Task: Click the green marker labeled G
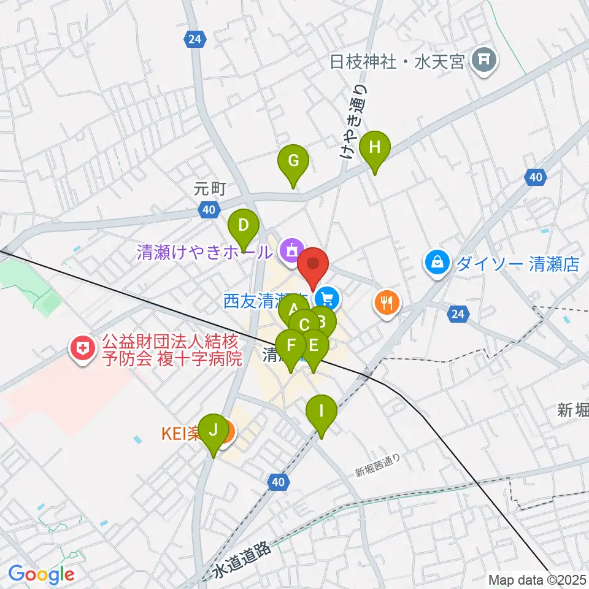coord(293,163)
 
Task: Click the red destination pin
coord(314,265)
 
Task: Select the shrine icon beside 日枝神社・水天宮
coord(485,60)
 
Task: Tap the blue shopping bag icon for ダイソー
coord(436,263)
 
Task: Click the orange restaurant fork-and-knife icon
coord(387,302)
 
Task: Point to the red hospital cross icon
coord(82,349)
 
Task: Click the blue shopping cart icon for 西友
coord(328,299)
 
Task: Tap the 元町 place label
coord(210,189)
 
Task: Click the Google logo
coord(41,574)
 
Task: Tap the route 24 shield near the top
coord(194,40)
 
